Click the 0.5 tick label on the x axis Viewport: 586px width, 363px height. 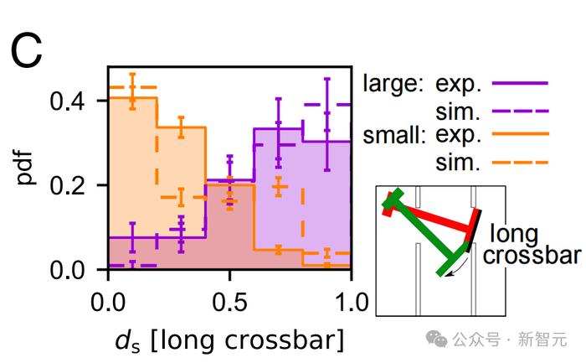click(229, 300)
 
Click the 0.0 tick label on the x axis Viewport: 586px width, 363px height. click(107, 300)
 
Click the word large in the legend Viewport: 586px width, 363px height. click(389, 85)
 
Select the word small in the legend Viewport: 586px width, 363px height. click(391, 135)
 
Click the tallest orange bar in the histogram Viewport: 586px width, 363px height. click(131, 168)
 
